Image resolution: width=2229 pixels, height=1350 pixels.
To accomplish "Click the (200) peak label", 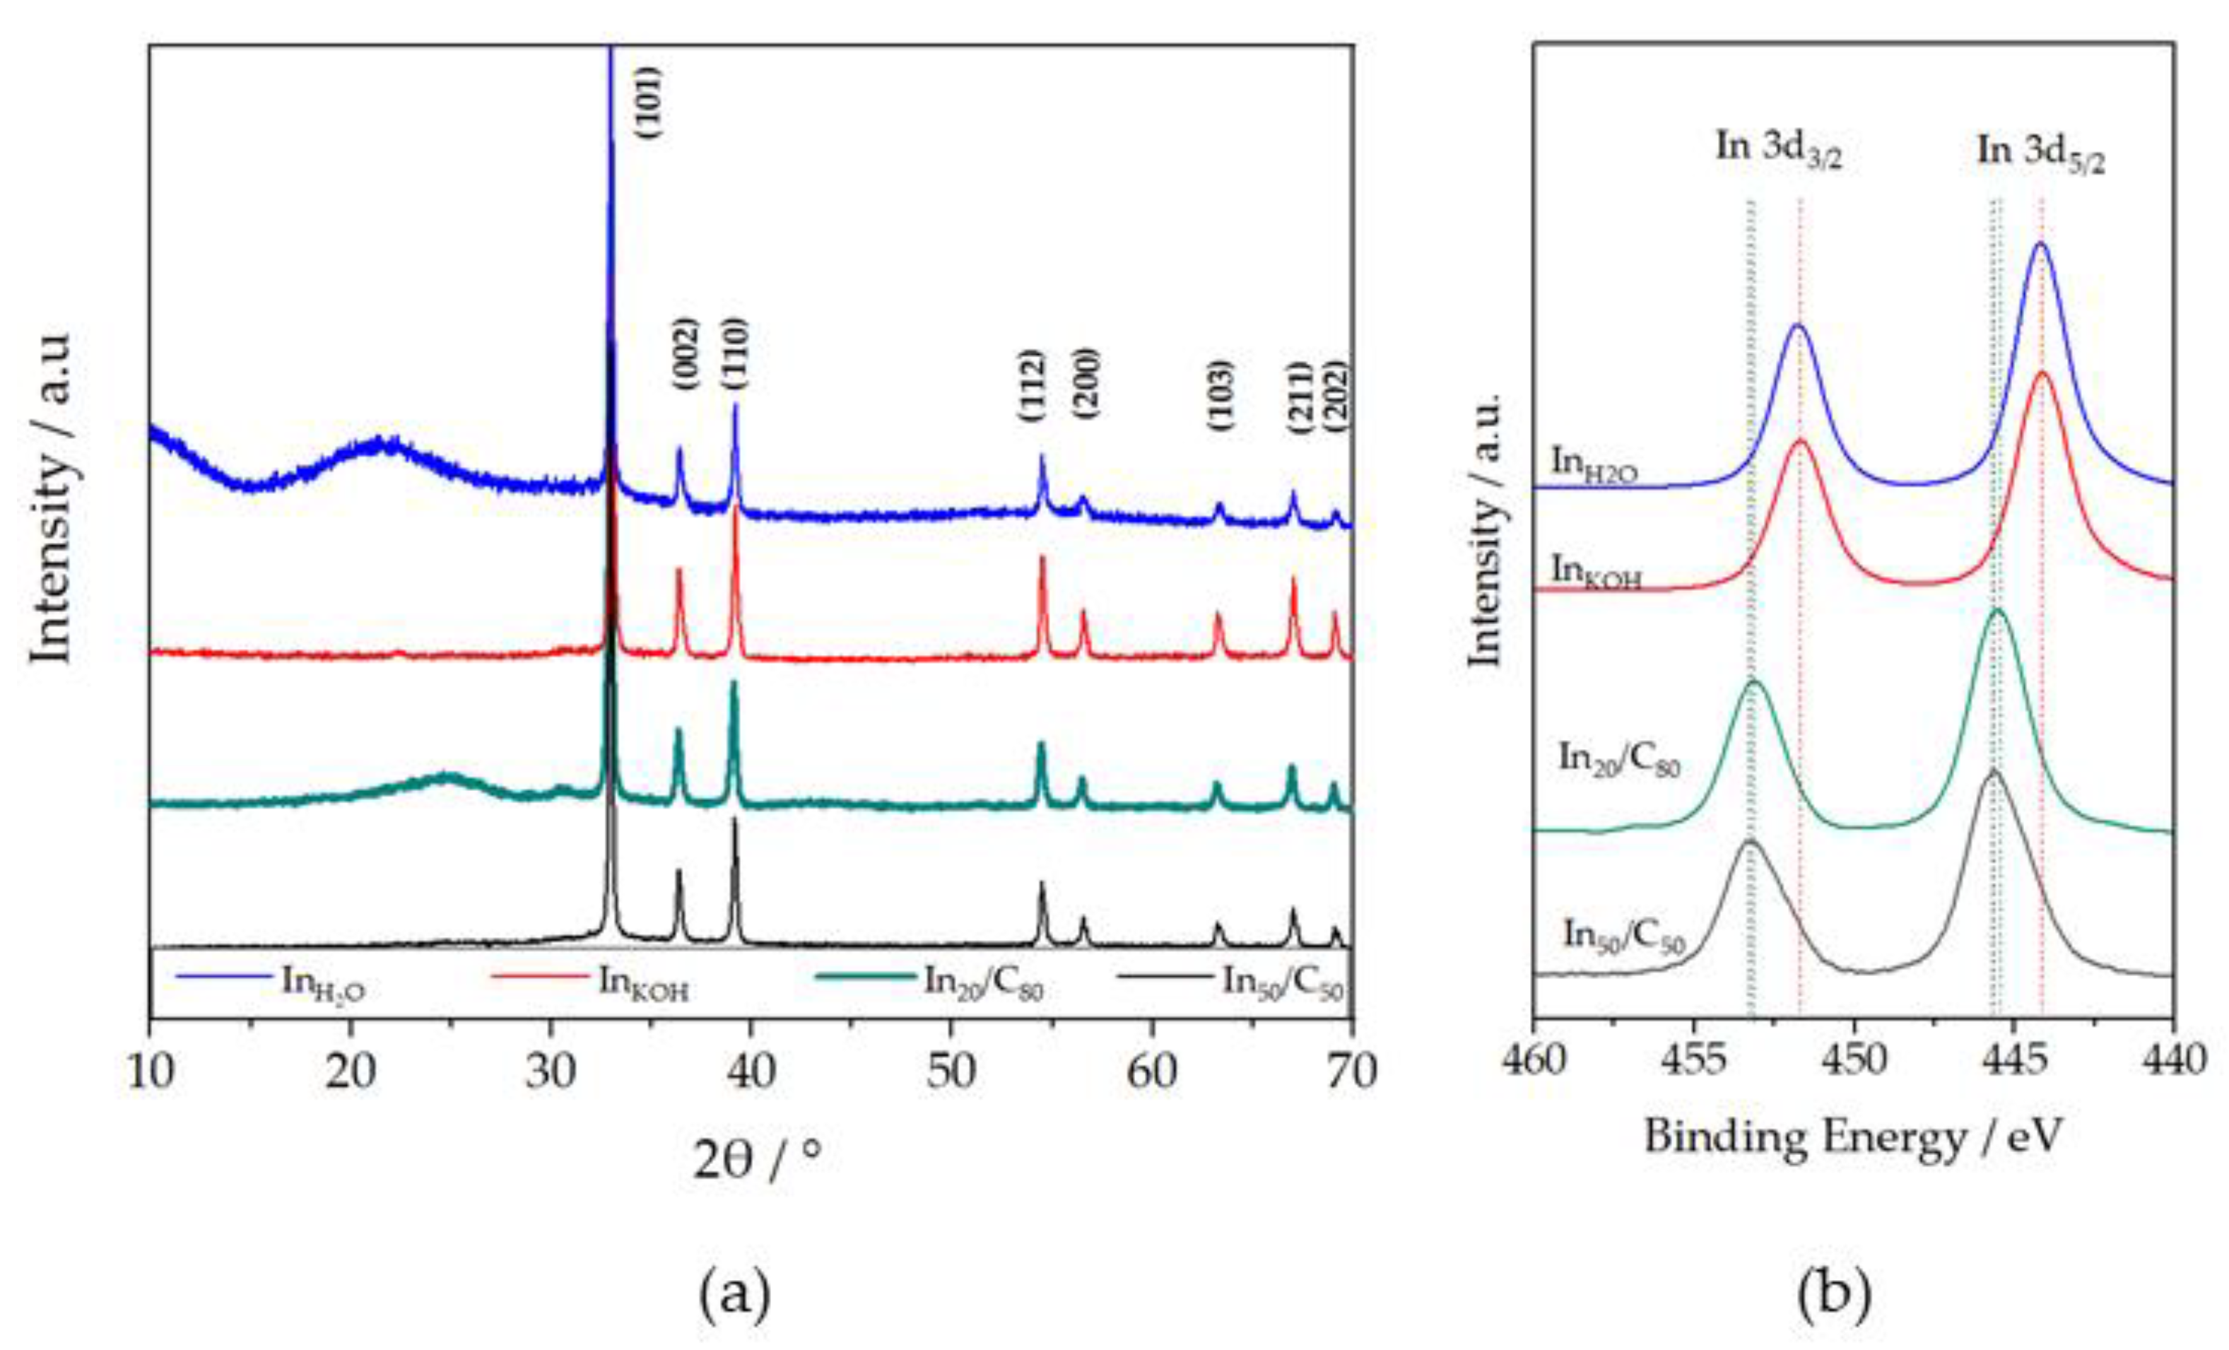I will [x=1085, y=383].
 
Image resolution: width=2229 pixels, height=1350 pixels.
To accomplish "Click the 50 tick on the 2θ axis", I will [x=951, y=1072].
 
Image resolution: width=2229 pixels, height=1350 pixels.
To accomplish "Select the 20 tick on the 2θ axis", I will [x=350, y=1072].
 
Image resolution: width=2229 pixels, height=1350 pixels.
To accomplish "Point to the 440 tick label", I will [x=2173, y=1059].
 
